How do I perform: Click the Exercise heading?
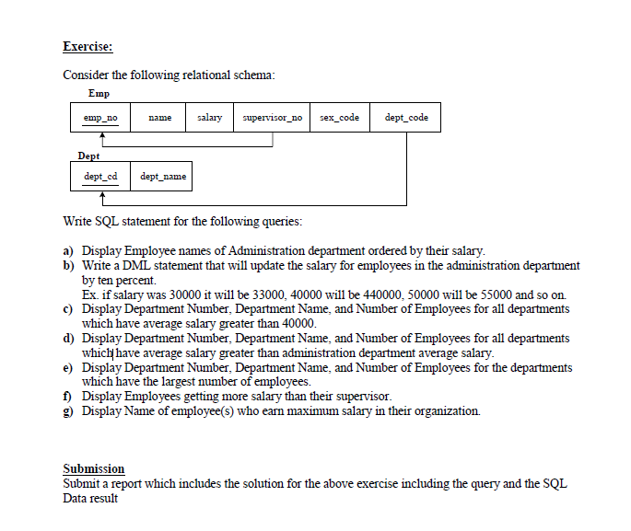click(x=88, y=46)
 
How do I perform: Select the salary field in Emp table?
click(x=209, y=118)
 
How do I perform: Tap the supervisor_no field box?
click(x=273, y=118)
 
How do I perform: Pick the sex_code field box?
click(x=340, y=118)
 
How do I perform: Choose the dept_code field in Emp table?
click(x=405, y=118)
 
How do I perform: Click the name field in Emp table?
click(x=160, y=118)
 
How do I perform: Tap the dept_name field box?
click(x=162, y=176)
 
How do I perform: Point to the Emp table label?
click(x=99, y=94)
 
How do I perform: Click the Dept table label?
click(x=89, y=156)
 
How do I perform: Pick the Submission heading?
click(x=94, y=468)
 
